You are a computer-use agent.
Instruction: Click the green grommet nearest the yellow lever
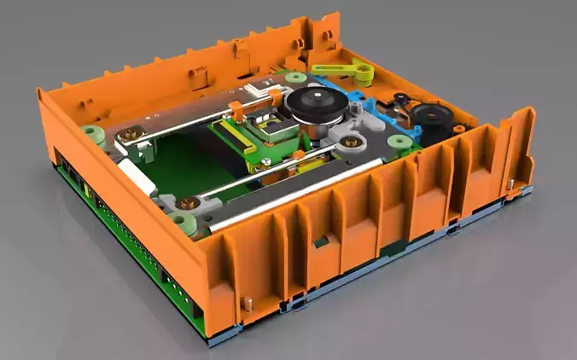[x=297, y=78]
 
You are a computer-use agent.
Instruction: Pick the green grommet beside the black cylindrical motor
[x=398, y=142]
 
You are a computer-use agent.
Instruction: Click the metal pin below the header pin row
[x=248, y=300]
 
